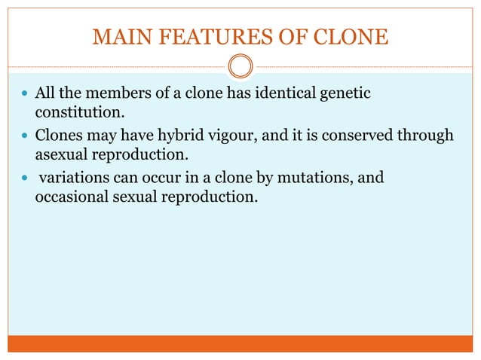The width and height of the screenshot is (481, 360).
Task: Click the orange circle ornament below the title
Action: [240, 66]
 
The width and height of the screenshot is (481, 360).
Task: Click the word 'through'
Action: [427, 135]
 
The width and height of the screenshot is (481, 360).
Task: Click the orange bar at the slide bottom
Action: [240, 343]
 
